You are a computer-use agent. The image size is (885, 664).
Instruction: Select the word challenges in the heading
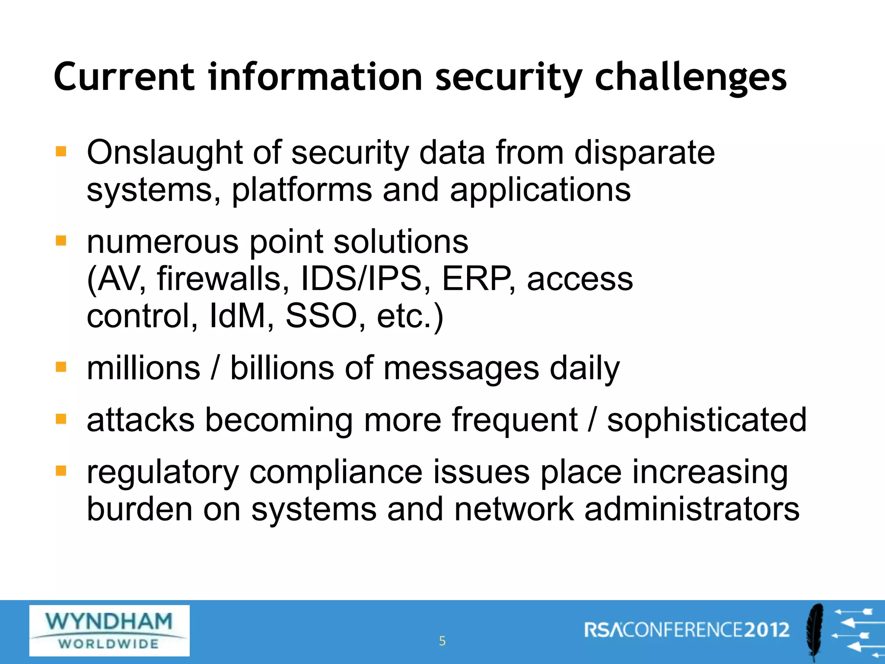691,78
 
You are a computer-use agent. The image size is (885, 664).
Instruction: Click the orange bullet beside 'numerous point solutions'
61,240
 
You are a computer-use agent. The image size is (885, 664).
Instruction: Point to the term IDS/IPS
361,279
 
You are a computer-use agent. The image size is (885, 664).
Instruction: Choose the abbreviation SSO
321,316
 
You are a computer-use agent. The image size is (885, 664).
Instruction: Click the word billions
282,368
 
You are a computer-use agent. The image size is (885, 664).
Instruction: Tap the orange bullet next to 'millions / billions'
61,367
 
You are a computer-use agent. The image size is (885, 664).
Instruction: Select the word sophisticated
707,420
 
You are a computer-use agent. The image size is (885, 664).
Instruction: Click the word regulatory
162,473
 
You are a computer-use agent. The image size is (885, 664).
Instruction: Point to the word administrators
691,509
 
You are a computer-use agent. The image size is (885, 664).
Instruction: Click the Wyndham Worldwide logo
109,630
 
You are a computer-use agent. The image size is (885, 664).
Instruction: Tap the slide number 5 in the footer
442,641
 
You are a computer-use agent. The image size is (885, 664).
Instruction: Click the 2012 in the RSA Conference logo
767,630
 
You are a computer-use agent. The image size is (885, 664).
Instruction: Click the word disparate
644,153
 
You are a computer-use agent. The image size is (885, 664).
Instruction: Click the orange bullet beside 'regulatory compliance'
61,470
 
